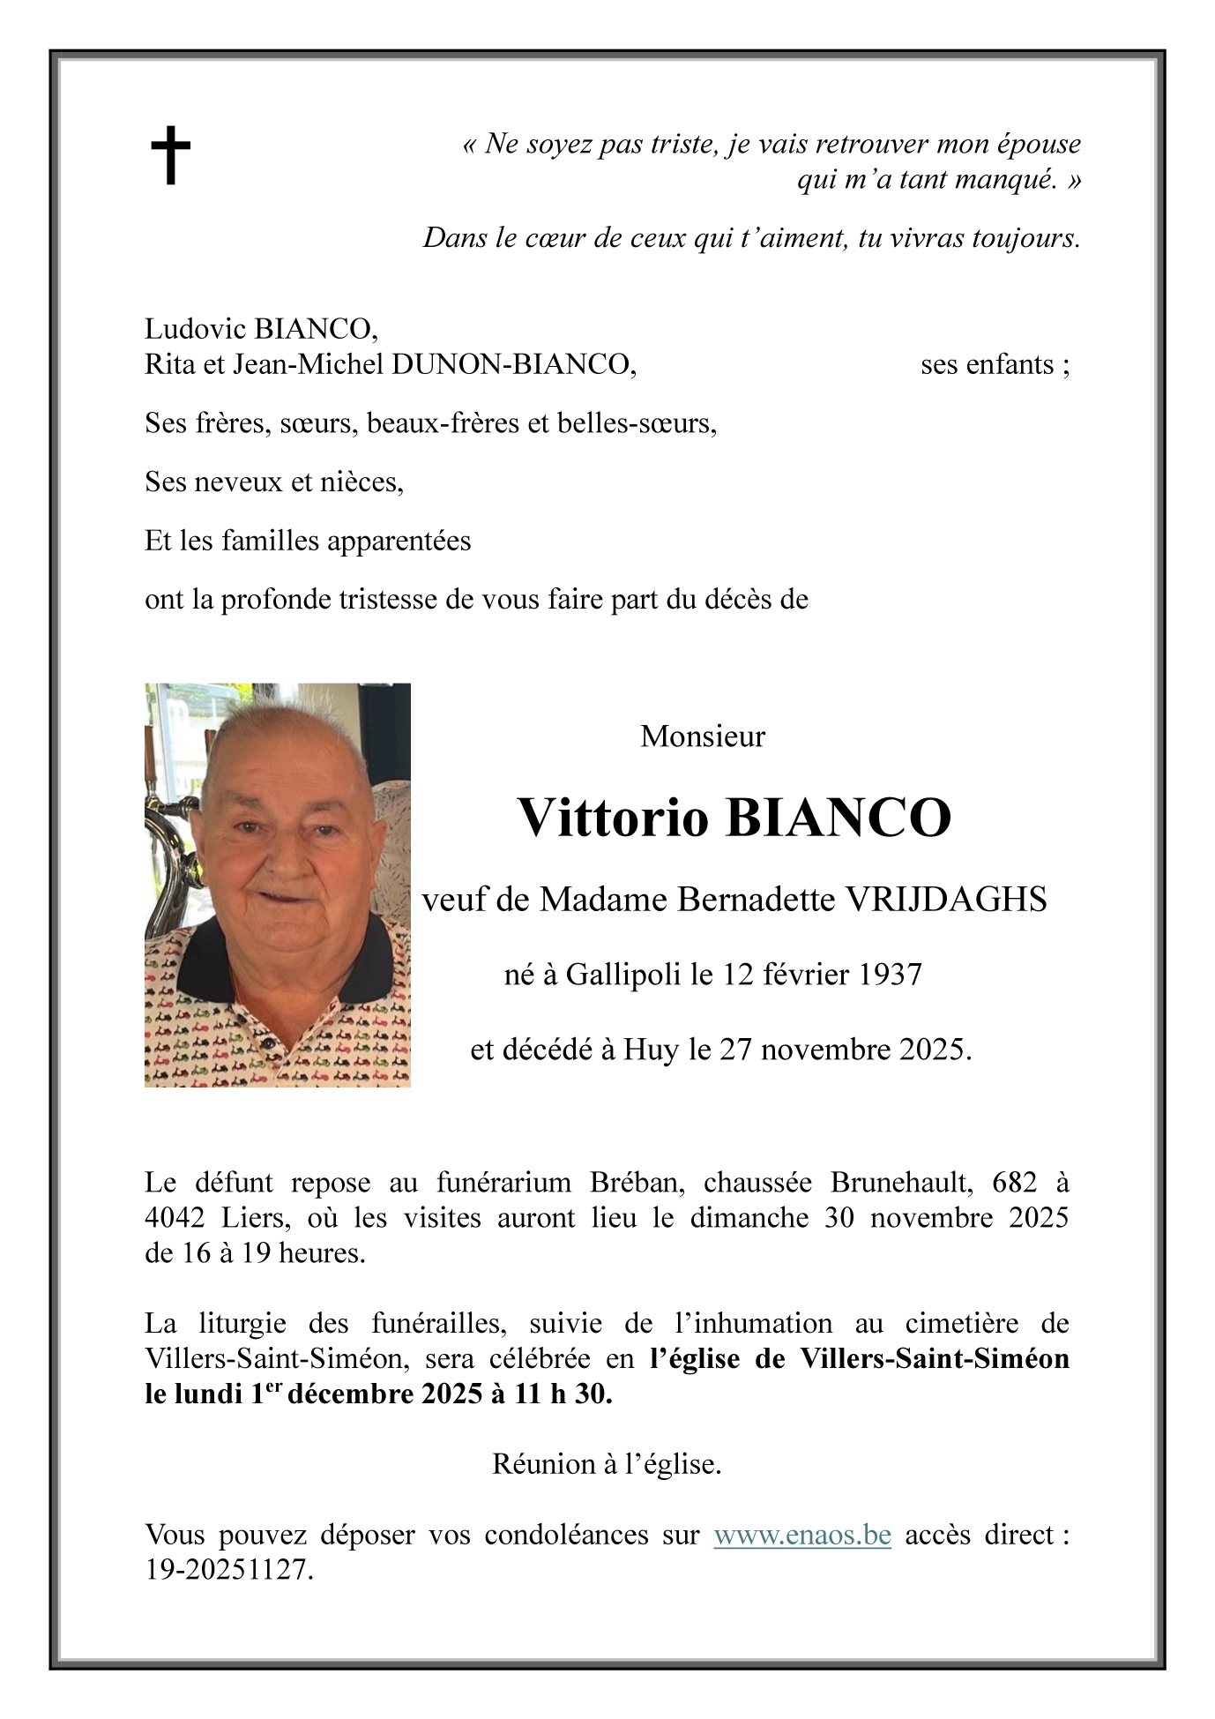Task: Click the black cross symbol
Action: (170, 154)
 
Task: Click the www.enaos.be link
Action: (801, 1536)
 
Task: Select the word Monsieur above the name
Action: (703, 736)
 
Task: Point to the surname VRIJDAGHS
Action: (946, 900)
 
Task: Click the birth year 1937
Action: (890, 975)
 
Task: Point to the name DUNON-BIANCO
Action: (513, 364)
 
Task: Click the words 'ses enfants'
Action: (988, 364)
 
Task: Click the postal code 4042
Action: (175, 1217)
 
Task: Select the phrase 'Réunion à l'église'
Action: (607, 1464)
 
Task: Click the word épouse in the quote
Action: (1039, 144)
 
